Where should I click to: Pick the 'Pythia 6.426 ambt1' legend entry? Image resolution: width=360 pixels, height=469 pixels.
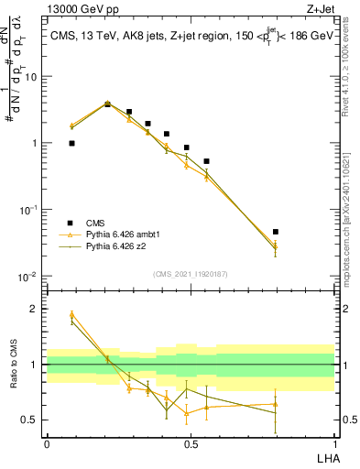click(x=125, y=234)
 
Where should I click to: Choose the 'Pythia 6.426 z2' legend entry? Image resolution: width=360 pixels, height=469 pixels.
click(x=120, y=246)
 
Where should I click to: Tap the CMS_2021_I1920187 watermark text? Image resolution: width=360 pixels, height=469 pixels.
click(x=190, y=273)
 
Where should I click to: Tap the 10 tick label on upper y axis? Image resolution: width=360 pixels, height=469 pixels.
click(x=31, y=76)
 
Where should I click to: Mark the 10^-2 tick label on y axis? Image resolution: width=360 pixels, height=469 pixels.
click(x=29, y=276)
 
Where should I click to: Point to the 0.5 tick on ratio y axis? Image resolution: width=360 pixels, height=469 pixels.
click(x=31, y=420)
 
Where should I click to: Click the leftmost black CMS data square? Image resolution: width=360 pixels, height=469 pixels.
click(x=71, y=144)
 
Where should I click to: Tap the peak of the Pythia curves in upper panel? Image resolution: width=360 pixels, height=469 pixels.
click(x=107, y=104)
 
